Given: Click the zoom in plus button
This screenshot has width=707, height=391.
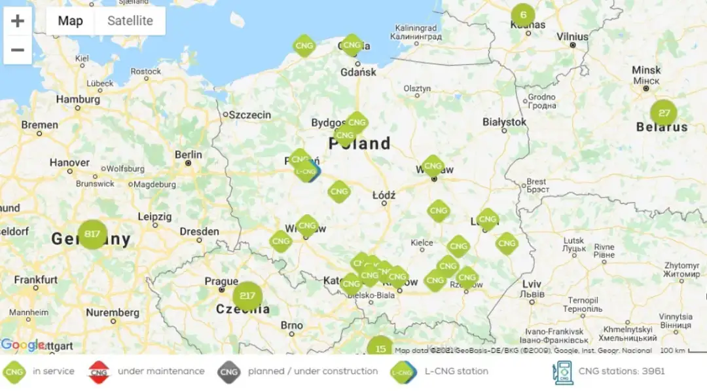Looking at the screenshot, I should point(18,21).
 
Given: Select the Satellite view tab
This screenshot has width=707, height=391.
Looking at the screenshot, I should point(130,21).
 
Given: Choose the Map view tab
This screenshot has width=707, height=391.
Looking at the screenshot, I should point(71,21).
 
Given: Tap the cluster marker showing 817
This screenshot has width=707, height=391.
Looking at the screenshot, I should point(92,234).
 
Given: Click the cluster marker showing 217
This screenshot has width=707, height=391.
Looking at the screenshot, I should point(247,295).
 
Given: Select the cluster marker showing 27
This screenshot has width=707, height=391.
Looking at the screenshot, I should point(664,113).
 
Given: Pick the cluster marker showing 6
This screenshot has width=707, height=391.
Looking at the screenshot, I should point(522,15).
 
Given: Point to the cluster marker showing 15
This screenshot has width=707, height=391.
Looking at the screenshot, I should point(380,347).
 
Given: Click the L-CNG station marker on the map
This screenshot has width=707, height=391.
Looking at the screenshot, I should point(306,172).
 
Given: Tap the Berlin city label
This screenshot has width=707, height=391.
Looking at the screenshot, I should point(189,155).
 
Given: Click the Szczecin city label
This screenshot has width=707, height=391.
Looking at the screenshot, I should point(249,115).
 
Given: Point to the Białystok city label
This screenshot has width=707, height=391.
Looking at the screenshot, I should point(504,122).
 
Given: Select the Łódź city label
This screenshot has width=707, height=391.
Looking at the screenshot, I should point(384,195).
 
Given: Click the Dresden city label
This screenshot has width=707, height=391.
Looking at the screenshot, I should point(199,231).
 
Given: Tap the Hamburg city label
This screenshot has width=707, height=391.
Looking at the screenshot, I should point(78,100).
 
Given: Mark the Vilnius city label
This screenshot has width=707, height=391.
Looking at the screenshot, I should point(573,37).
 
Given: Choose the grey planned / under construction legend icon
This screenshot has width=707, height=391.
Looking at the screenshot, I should point(228,372).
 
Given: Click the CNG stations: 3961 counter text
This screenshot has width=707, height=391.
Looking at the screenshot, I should point(621,371).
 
